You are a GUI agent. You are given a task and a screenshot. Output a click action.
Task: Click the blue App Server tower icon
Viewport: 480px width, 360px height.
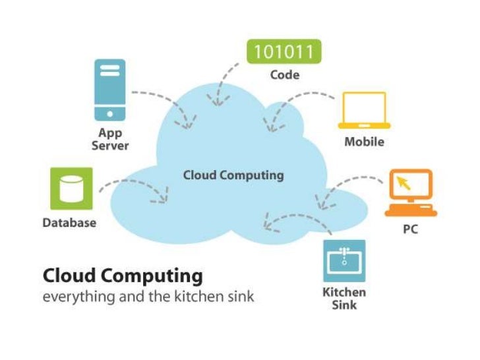point(109,90)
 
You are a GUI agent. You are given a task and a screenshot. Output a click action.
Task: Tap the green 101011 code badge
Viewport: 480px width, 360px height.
point(284,51)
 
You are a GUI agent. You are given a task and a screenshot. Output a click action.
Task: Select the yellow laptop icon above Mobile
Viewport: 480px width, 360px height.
point(364,110)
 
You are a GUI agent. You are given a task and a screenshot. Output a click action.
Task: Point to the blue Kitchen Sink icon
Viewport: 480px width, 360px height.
point(344,260)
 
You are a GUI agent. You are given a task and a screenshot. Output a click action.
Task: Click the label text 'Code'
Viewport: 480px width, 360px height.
point(284,75)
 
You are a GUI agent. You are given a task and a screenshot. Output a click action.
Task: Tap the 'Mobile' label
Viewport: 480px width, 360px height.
point(364,142)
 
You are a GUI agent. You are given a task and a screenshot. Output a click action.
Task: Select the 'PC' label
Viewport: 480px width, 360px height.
point(410,230)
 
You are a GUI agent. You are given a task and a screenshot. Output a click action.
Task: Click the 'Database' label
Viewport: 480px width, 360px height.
point(69,223)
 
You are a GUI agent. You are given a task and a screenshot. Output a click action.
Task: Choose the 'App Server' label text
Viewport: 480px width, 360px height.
point(109,139)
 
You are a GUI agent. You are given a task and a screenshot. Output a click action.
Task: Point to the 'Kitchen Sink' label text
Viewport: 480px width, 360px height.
point(344,299)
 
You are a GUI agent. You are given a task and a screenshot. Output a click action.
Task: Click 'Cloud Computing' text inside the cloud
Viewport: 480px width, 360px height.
point(233,175)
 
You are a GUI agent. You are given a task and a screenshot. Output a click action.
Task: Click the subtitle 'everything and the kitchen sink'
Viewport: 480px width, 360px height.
point(148,297)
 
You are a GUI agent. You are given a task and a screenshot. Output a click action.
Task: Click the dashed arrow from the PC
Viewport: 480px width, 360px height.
point(349,185)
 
